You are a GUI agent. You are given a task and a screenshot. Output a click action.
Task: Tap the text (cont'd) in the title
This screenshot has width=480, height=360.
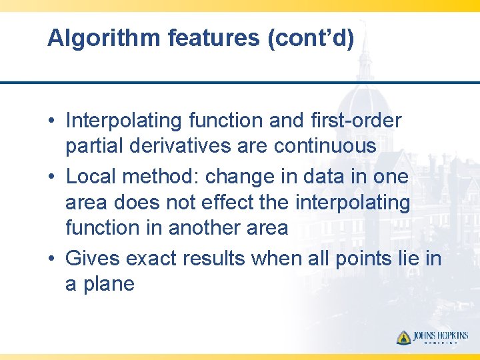(x=311, y=39)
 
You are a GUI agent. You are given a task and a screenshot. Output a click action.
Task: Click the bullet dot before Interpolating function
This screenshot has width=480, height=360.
(x=51, y=121)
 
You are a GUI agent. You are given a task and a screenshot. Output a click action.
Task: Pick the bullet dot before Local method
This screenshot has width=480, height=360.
(x=51, y=177)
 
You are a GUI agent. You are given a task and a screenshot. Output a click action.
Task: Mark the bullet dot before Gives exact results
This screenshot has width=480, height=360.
(x=51, y=259)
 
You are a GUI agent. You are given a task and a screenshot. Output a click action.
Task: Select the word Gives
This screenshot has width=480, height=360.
(x=93, y=258)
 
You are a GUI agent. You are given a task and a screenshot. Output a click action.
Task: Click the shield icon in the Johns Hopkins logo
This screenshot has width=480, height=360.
(x=403, y=337)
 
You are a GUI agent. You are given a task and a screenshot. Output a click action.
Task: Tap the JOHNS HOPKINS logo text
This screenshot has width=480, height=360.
(x=440, y=336)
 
